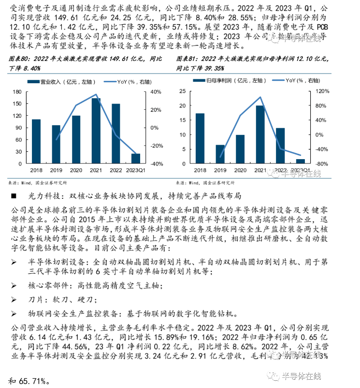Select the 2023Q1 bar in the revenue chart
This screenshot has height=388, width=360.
click(136, 159)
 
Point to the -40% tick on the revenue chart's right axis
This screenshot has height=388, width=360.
click(158, 164)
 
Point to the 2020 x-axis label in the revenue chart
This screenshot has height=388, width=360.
click(76, 170)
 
